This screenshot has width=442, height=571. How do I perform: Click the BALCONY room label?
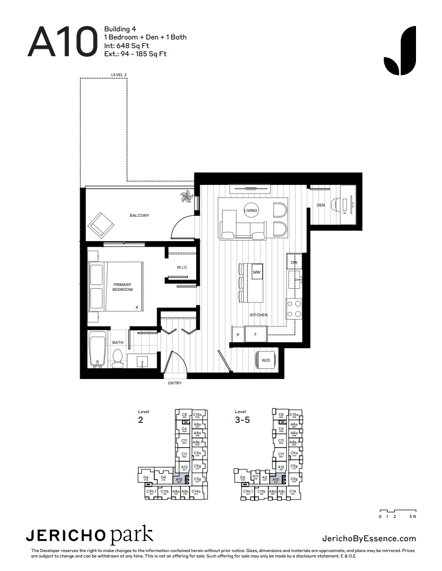tap(139, 215)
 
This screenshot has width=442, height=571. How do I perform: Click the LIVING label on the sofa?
tap(251, 210)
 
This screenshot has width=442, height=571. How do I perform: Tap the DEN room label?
tap(321, 205)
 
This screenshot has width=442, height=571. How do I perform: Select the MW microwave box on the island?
tap(257, 271)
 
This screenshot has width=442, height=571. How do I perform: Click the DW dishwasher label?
tap(294, 262)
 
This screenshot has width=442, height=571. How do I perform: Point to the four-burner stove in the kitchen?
tap(294, 309)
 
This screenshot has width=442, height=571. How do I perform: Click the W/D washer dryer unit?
tap(266, 360)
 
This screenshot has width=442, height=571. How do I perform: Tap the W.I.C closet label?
tap(181, 267)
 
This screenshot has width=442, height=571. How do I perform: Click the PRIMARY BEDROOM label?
tap(122, 287)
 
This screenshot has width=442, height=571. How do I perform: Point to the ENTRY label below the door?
tap(174, 383)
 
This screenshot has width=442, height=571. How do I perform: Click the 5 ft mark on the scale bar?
tap(413, 517)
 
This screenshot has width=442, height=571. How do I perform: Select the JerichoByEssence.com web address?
tap(369, 538)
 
